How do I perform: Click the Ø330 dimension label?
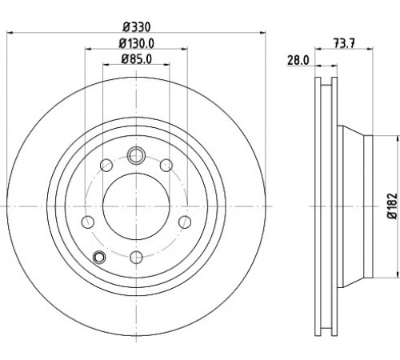pyautogui.click(x=137, y=27)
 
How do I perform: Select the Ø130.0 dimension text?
pyautogui.click(x=137, y=43)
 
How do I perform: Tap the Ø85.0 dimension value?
pyautogui.click(x=137, y=59)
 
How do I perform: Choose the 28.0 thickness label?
pyautogui.click(x=298, y=60)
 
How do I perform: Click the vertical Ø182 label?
pyautogui.click(x=392, y=206)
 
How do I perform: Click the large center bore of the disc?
pyautogui.click(x=136, y=206)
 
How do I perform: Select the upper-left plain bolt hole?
pyautogui.click(x=106, y=166)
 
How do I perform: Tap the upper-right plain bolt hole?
pyautogui.click(x=166, y=166)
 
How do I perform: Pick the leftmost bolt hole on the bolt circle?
pyautogui.click(x=88, y=222)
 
